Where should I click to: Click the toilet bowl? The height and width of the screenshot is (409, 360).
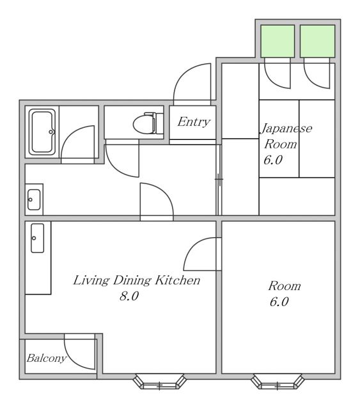[x=143, y=125]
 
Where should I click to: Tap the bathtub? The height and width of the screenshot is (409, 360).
[x=42, y=132]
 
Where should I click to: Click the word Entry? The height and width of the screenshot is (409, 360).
[x=194, y=122]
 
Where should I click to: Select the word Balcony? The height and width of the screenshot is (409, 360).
[x=47, y=358]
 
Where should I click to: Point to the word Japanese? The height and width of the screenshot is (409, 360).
[x=286, y=128]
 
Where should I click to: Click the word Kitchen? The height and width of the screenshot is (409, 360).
[x=178, y=281]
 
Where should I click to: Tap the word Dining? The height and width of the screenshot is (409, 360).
[x=132, y=281]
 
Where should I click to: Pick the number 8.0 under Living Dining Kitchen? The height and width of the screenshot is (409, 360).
[x=129, y=297]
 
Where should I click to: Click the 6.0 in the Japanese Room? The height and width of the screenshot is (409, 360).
[x=273, y=160]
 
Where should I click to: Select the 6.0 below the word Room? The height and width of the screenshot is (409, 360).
[x=279, y=302]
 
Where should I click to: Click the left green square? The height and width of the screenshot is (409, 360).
[x=278, y=41]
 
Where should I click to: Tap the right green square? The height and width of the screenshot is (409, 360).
[x=317, y=41]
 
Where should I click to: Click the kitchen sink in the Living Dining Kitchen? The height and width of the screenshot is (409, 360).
[x=38, y=238]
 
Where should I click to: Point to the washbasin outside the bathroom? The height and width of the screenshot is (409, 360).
[x=34, y=200]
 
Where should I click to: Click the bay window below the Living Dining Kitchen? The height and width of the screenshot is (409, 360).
[x=160, y=382]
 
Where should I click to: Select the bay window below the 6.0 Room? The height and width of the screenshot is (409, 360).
[x=278, y=382]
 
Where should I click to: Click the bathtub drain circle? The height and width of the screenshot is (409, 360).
[x=51, y=132]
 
